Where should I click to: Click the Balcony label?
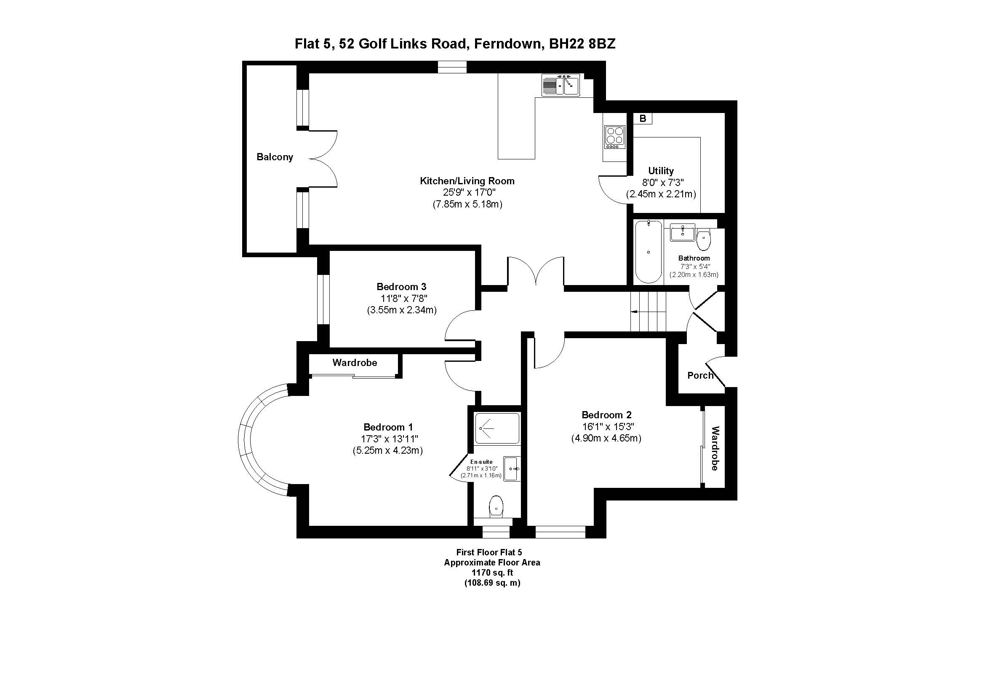(x=275, y=157)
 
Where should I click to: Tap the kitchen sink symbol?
(x=561, y=86)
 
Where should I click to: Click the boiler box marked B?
(x=643, y=118)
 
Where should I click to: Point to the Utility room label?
(x=661, y=170)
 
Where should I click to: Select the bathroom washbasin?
(x=682, y=232)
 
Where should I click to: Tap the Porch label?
(x=700, y=375)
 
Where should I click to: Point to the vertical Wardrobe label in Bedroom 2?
(x=715, y=448)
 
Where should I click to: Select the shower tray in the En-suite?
(x=498, y=428)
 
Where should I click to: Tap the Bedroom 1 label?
(x=388, y=427)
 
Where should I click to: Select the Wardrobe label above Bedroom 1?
(x=354, y=363)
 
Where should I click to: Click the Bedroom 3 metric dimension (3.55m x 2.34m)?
(x=402, y=310)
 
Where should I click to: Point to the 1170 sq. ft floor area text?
(x=492, y=573)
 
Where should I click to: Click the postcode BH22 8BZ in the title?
(x=582, y=44)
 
